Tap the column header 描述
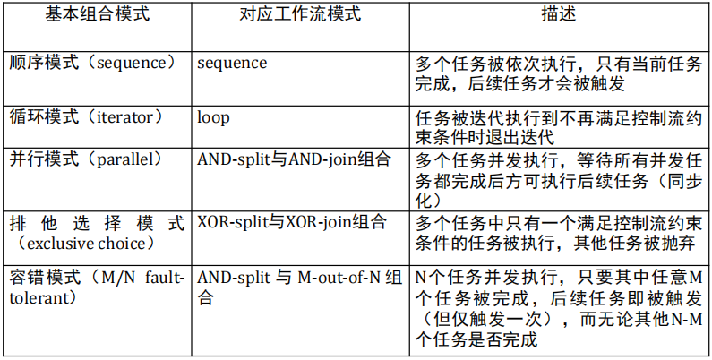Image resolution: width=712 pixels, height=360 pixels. point(557,17)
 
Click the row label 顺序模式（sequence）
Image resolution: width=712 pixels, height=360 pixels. point(92,64)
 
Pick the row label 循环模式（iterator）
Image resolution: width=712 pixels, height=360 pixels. point(87,117)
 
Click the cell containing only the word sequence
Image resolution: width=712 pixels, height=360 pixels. point(232,64)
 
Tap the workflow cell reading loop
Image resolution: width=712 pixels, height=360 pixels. point(213,117)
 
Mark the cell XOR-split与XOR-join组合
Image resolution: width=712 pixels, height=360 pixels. point(292,220)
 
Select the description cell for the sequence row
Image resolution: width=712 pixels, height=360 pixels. point(558,74)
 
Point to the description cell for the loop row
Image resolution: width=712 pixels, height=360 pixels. point(558,127)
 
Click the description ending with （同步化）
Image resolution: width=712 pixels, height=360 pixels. point(558,180)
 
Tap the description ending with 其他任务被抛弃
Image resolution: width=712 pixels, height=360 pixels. point(558,232)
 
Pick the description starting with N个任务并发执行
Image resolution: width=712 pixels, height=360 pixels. point(558,309)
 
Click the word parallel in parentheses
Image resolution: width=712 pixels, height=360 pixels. point(129,159)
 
